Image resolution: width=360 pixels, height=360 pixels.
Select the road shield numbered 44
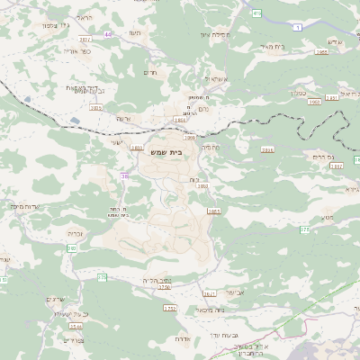click(108, 34)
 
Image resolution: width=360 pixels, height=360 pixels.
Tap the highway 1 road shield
click(296, 28)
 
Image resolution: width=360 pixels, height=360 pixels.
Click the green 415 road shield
click(256, 13)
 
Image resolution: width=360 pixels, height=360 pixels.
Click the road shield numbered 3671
click(209, 293)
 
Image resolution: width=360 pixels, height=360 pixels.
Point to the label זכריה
click(75, 233)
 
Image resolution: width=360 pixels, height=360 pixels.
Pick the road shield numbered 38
click(124, 176)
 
